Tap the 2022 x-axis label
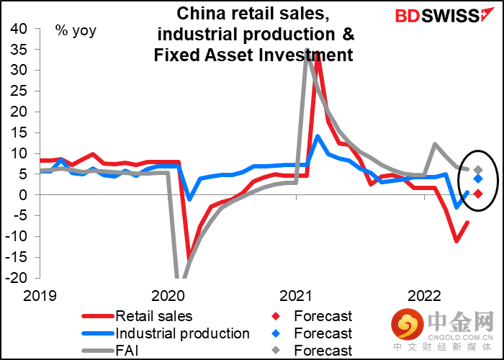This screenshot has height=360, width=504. click(425, 295)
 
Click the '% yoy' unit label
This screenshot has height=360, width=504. click(76, 31)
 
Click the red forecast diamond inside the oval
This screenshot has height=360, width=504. click(478, 194)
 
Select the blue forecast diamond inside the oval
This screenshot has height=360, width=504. click(478, 179)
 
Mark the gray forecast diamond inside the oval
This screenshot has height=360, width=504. click(478, 170)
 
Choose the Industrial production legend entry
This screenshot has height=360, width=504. click(181, 333)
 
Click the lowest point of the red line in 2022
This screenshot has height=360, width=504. click(456, 240)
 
